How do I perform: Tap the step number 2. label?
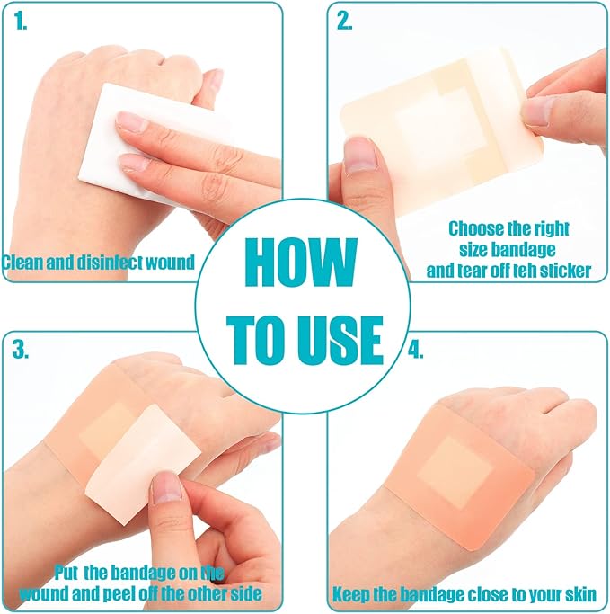coord(344,22)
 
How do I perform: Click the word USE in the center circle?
coord(340,339)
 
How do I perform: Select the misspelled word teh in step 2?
coord(510,270)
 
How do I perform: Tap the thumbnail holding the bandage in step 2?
coord(360,156)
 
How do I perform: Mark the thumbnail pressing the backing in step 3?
coord(167,487)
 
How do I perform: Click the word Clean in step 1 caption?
coord(21,263)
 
